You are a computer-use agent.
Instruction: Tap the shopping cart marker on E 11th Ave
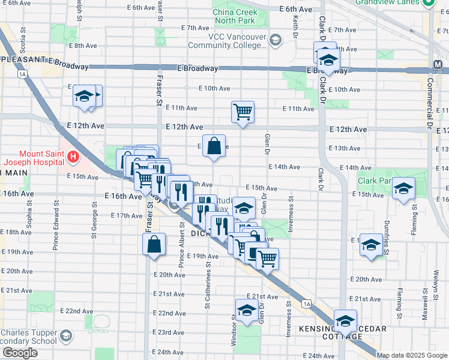243,112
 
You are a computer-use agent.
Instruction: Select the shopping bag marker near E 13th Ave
214,146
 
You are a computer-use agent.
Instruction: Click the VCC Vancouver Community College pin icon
276,40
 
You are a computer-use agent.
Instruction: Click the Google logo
20,353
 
